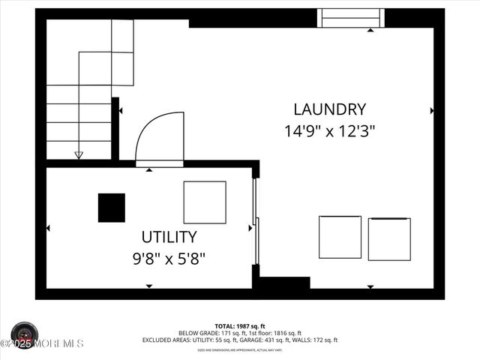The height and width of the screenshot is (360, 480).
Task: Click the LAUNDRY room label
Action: pyautogui.click(x=329, y=109)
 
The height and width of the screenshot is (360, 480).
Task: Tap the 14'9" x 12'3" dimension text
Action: pyautogui.click(x=329, y=130)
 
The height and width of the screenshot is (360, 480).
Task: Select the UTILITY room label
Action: pyautogui.click(x=169, y=237)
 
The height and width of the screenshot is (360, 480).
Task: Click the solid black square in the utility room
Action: pyautogui.click(x=112, y=208)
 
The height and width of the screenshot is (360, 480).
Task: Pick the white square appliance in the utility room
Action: pyautogui.click(x=205, y=202)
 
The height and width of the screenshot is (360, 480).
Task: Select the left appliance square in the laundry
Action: pyautogui.click(x=340, y=237)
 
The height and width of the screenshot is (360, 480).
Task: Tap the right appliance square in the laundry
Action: pyautogui.click(x=389, y=239)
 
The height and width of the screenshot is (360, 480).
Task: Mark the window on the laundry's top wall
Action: pyautogui.click(x=352, y=18)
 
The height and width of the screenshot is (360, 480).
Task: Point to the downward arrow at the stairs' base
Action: pyautogui.click(x=79, y=155)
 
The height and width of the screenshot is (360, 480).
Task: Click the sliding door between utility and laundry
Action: pyautogui.click(x=256, y=221)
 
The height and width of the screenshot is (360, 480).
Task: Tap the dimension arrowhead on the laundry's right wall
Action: pyautogui.click(x=432, y=110)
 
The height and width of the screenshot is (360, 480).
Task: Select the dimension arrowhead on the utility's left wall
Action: pyautogui.click(x=49, y=228)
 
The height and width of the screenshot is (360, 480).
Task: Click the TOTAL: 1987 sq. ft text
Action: pyautogui.click(x=239, y=325)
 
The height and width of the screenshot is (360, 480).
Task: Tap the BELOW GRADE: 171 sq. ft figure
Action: pyautogui.click(x=206, y=333)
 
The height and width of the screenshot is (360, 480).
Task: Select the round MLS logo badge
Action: pyautogui.click(x=25, y=334)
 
